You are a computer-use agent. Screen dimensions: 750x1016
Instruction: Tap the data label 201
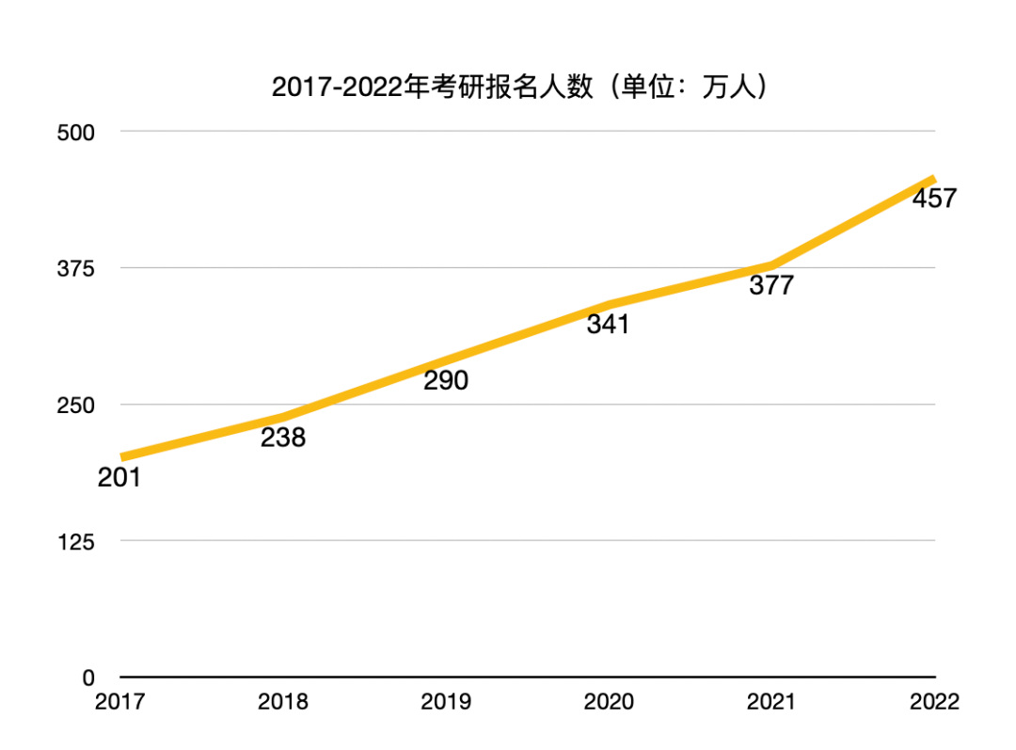(x=119, y=478)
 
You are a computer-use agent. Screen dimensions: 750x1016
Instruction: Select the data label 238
(x=283, y=438)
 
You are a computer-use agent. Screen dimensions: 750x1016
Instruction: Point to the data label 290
(x=446, y=381)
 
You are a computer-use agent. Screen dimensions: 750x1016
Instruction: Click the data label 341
(x=608, y=325)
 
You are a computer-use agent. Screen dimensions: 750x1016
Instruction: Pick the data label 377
(x=771, y=285)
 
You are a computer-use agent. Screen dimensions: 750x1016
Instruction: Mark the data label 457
(x=934, y=199)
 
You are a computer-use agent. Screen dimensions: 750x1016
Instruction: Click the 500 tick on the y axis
(x=76, y=133)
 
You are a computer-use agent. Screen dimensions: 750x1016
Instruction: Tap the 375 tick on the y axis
(x=76, y=268)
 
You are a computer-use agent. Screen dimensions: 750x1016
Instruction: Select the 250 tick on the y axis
(x=76, y=405)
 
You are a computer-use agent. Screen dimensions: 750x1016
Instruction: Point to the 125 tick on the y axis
(x=76, y=541)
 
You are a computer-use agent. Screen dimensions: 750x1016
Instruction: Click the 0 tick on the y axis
(x=88, y=678)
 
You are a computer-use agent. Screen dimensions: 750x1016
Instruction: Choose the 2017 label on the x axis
(x=120, y=702)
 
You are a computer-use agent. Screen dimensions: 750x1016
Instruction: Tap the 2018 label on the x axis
(x=283, y=702)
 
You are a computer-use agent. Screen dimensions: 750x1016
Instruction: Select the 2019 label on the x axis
(x=446, y=702)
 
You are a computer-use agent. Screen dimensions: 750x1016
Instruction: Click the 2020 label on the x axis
(x=609, y=702)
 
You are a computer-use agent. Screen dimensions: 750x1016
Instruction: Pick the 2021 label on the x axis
(x=771, y=702)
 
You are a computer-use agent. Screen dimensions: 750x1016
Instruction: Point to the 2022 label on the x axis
(x=934, y=702)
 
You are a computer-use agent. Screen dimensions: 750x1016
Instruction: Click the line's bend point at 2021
(x=771, y=266)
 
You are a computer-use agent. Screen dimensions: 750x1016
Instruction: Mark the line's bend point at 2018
(x=283, y=417)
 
